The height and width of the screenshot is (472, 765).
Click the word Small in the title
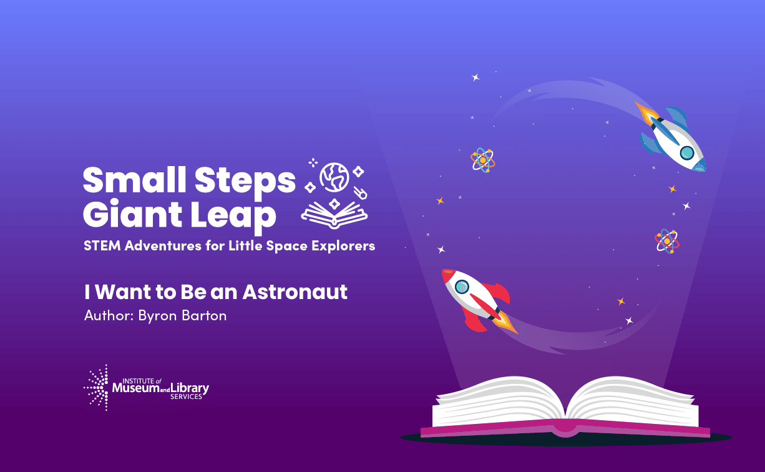(135, 179)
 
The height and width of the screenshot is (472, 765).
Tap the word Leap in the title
(233, 215)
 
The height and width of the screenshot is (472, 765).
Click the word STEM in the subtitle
(102, 245)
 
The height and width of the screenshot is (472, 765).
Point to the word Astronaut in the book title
(295, 292)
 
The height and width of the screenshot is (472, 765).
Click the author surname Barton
(204, 315)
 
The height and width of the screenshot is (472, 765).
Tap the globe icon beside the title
(334, 177)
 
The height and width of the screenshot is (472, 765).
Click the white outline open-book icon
(334, 214)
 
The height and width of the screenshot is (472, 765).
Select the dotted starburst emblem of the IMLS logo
(96, 387)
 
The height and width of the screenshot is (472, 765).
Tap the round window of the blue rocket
(687, 153)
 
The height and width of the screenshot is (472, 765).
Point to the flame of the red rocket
(507, 322)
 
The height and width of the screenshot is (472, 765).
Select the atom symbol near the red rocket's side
(482, 160)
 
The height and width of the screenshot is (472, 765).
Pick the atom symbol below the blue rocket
(667, 241)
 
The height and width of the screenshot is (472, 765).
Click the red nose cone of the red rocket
(447, 275)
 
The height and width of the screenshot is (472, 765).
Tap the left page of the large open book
(499, 401)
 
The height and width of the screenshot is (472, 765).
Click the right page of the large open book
(632, 401)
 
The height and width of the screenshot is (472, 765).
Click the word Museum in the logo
(136, 388)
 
